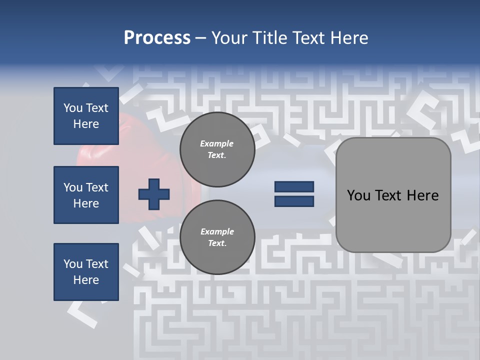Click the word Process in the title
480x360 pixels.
click(x=157, y=38)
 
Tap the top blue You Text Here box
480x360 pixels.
click(x=86, y=116)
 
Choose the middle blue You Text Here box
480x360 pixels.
click(x=86, y=195)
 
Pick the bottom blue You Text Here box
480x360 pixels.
click(x=86, y=272)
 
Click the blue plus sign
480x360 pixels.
click(x=153, y=193)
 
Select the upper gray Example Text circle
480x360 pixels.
click(x=217, y=149)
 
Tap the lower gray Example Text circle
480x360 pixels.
click(x=217, y=237)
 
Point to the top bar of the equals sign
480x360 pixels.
click(x=294, y=187)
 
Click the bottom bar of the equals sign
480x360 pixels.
click(x=294, y=201)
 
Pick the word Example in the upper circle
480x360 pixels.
click(x=217, y=143)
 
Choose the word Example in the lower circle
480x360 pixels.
click(x=217, y=231)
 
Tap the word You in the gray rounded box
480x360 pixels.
click(x=358, y=195)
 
